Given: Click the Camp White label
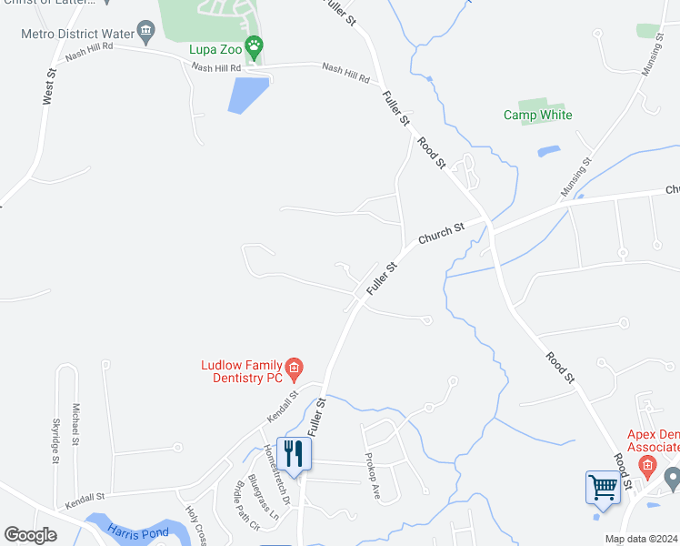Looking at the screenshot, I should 538,115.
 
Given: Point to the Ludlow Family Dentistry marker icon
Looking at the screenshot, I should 294,369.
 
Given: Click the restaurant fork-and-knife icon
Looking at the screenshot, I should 294,454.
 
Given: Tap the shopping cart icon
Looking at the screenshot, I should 603,487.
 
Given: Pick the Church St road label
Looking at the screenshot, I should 441,234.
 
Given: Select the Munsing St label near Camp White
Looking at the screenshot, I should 575,177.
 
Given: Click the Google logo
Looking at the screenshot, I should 30,534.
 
